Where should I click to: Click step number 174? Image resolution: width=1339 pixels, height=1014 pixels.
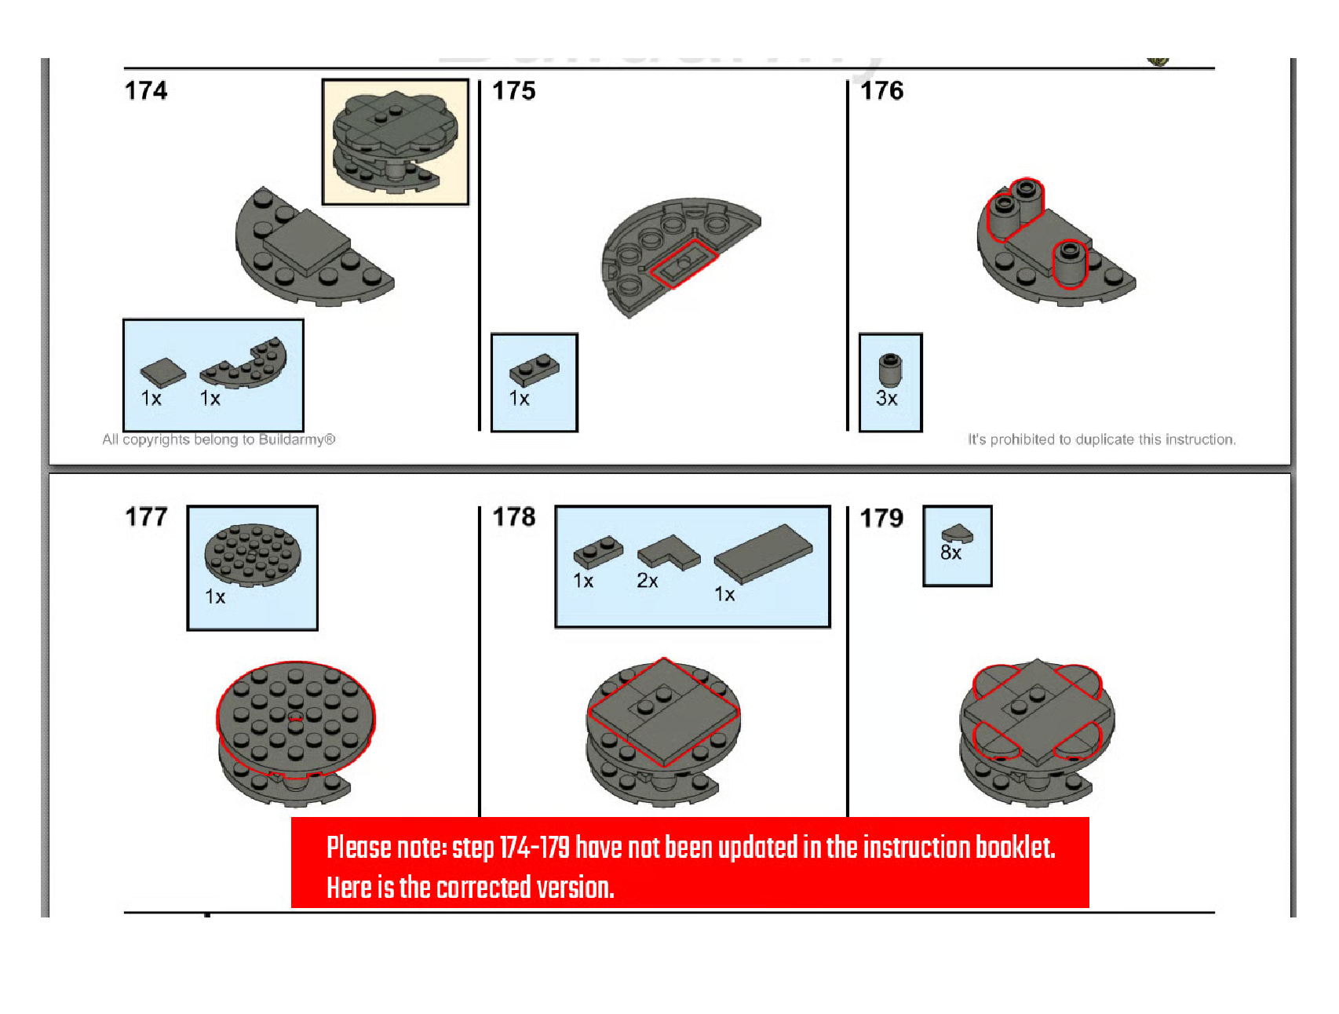146,91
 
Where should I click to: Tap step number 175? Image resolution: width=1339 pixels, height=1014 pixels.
514,91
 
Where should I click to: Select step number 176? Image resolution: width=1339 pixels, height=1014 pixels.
882,91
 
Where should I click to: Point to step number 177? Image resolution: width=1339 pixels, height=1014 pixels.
147,517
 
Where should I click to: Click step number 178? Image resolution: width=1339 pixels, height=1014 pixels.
514,517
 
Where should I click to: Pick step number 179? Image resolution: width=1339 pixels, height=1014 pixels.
882,518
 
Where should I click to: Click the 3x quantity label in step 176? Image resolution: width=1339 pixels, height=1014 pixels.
887,399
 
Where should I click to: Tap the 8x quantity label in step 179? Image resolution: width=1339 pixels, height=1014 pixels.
951,553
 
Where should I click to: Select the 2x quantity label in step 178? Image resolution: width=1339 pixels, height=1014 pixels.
648,581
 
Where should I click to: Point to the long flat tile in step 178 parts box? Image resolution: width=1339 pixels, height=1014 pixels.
764,553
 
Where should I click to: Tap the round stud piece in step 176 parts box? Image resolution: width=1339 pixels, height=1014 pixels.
890,370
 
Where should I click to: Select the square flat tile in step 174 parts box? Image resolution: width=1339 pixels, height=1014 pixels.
163,373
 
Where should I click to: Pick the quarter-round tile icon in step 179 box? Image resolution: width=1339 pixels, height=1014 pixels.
958,534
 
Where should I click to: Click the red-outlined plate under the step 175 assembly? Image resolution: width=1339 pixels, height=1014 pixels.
684,264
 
